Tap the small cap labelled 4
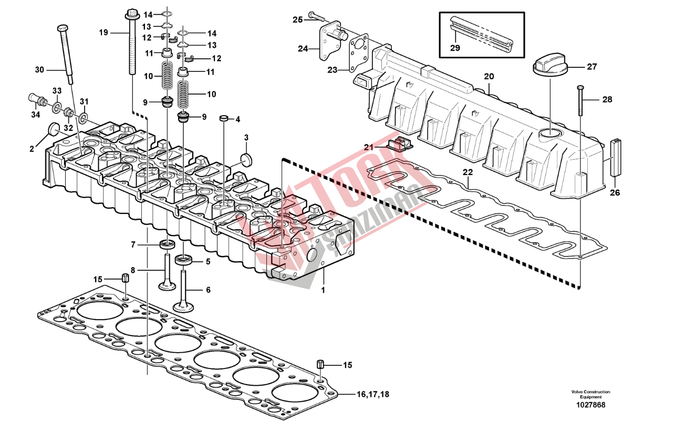[x=223, y=117]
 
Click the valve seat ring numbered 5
[x=183, y=259]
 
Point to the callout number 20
[x=489, y=77]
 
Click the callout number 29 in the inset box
[x=455, y=48]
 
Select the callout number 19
[x=103, y=33]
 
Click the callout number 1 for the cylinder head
[x=323, y=289]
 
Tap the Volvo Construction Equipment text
[x=591, y=394]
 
